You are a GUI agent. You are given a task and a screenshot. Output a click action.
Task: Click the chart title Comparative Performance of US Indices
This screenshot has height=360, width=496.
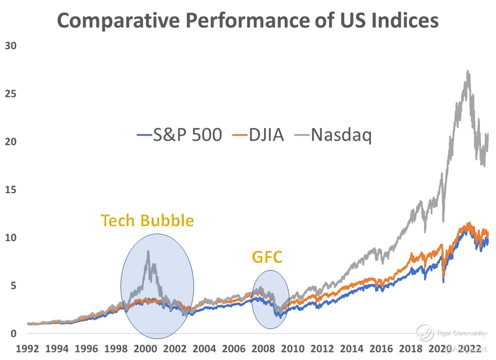[x=247, y=20]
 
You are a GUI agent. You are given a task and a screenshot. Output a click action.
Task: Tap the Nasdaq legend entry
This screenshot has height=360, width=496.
[x=335, y=135]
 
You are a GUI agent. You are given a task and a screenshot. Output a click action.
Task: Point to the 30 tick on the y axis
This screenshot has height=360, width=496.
[x=10, y=45]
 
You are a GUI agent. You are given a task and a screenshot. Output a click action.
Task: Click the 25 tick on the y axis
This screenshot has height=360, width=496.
[x=10, y=93]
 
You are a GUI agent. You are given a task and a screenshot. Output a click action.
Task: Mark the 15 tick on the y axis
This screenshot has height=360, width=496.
[x=10, y=189]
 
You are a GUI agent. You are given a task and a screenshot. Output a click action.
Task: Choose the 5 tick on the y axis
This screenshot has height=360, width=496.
[x=13, y=285]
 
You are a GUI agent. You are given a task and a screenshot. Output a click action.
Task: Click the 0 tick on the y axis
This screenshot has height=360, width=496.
[x=13, y=333]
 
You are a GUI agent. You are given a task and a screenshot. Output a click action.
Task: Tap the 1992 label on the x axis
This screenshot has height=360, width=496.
[x=27, y=348]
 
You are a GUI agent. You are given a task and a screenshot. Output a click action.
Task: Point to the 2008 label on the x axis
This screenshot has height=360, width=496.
[x=264, y=348]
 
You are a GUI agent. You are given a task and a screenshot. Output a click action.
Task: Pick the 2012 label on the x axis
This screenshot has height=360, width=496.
[x=323, y=348]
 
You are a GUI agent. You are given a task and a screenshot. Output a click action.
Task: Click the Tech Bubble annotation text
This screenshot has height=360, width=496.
[x=147, y=220]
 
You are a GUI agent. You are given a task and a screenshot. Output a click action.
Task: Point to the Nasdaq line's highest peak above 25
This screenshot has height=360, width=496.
[x=467, y=71]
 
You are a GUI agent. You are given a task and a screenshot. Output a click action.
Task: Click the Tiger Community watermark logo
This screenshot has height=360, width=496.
[x=425, y=332]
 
